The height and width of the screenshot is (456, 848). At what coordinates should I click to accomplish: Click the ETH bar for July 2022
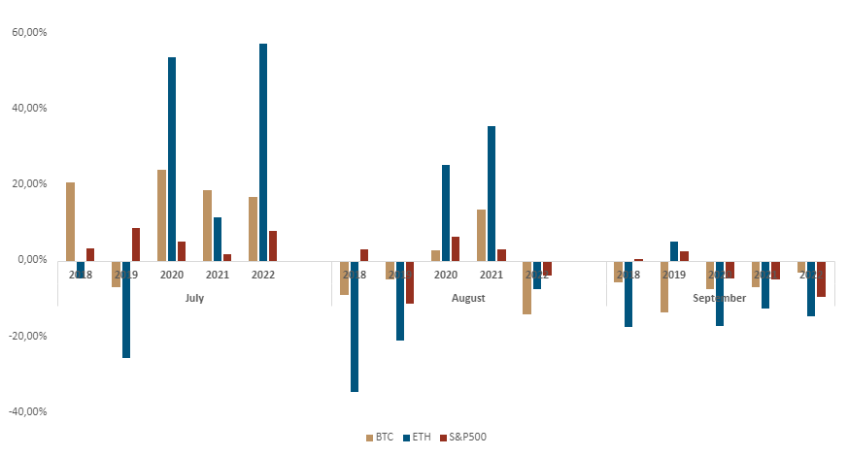click(x=263, y=151)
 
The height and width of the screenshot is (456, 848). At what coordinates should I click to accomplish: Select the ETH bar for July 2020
click(x=172, y=158)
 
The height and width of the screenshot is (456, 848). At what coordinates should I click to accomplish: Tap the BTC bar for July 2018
click(x=70, y=221)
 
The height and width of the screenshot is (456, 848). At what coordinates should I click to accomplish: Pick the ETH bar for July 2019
click(x=126, y=309)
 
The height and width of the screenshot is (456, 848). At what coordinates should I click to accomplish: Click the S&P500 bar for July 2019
click(x=136, y=244)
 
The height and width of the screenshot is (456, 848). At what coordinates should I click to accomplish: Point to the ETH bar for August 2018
click(x=355, y=326)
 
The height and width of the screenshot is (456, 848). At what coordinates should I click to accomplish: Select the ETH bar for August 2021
click(x=492, y=193)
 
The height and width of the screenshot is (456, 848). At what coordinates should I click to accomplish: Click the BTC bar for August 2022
click(x=526, y=287)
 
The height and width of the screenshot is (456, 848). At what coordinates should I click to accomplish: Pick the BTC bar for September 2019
click(x=664, y=286)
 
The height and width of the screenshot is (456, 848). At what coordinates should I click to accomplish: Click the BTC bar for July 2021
click(x=207, y=225)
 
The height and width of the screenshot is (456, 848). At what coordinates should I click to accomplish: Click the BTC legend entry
click(x=380, y=438)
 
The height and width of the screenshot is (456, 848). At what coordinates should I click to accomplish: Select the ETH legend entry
click(x=417, y=438)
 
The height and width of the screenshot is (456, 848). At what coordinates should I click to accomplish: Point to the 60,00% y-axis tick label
click(x=28, y=32)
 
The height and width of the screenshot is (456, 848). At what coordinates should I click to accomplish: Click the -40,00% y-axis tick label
click(x=27, y=411)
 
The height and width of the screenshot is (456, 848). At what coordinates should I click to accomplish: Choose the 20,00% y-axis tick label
click(x=28, y=183)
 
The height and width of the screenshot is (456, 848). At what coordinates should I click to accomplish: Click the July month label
click(x=194, y=298)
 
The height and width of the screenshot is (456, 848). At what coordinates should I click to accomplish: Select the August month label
click(x=468, y=298)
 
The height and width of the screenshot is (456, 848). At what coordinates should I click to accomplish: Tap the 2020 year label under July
click(x=172, y=275)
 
